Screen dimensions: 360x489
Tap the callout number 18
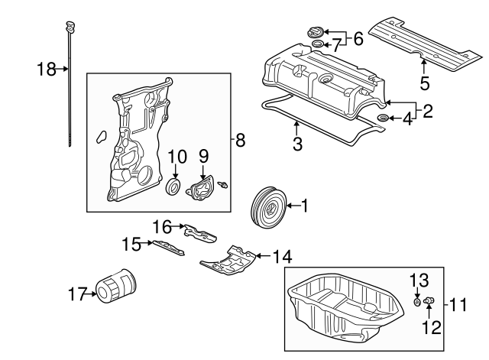pos(47,70)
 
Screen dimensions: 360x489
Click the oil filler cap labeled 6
pos(314,34)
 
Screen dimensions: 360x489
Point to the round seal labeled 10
pos(173,189)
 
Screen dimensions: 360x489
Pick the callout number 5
pos(424,82)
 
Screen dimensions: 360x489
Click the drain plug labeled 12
pos(429,305)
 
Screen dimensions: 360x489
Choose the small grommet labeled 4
pos(384,118)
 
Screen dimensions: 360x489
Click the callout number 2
pos(427,111)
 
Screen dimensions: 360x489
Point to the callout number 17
pos(76,292)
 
